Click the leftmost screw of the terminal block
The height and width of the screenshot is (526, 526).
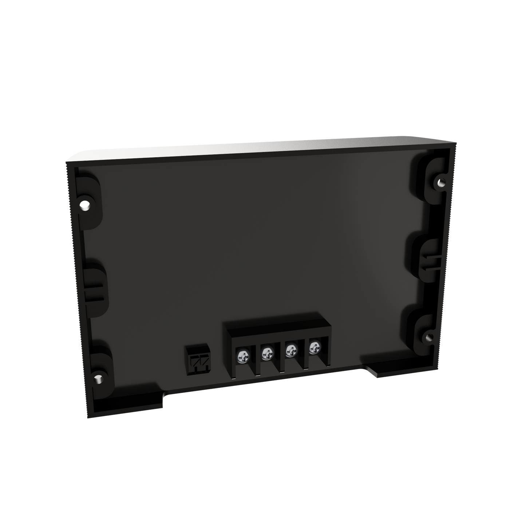243,355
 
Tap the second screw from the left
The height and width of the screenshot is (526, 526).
267,352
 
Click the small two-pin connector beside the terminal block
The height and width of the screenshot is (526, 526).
197,360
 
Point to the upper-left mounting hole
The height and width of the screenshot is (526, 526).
85,207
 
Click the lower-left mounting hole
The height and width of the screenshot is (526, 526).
98,379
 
